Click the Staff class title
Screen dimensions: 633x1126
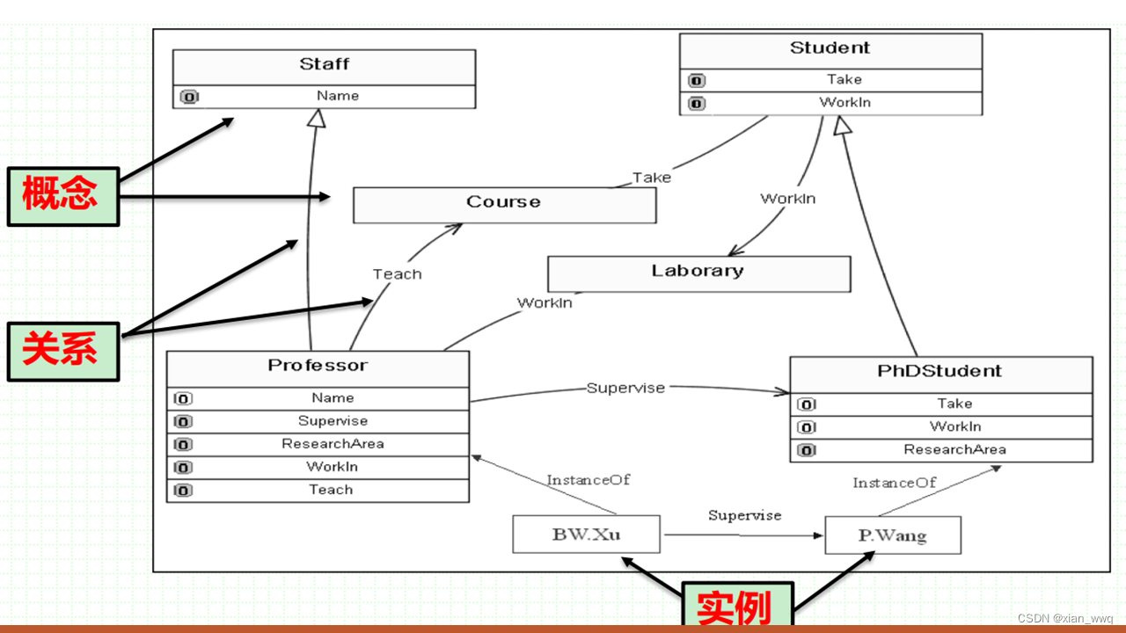tap(324, 64)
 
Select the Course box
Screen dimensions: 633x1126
tap(504, 204)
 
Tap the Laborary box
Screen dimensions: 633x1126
tap(698, 273)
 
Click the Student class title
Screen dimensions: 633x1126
tap(830, 48)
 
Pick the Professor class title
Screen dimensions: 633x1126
tap(318, 367)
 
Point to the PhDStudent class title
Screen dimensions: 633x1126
tap(940, 371)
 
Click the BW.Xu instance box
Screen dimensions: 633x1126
tap(586, 534)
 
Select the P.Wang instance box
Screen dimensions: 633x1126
tap(892, 535)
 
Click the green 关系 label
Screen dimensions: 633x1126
tap(62, 351)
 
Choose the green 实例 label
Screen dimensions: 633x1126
tap(737, 607)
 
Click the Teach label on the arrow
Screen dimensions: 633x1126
tap(397, 274)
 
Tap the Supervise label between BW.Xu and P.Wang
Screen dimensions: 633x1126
tap(744, 515)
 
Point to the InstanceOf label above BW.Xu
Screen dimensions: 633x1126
tap(589, 480)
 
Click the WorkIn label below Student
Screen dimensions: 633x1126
tap(787, 199)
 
